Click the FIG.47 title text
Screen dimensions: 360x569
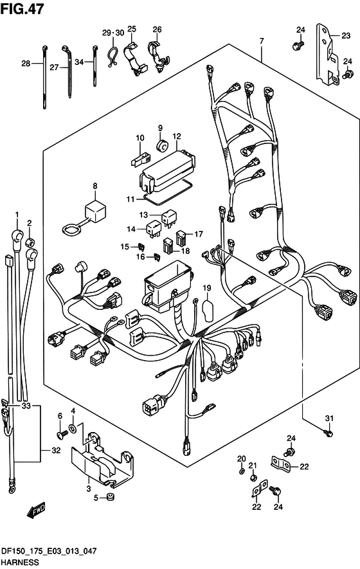coord(22,9)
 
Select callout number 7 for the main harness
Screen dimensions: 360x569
coord(261,41)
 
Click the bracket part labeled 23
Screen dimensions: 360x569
coord(327,55)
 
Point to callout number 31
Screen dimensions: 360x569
coord(328,419)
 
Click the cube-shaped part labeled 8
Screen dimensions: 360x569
coord(95,212)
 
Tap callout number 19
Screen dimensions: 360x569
coord(207,289)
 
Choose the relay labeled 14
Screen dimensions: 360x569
coord(154,229)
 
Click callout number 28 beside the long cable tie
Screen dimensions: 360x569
coord(26,64)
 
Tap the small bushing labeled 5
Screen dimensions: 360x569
coord(109,497)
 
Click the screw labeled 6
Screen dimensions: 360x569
coord(62,433)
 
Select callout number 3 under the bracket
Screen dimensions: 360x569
coord(89,489)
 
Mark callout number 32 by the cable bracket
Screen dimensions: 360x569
coord(56,451)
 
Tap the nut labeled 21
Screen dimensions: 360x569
coord(254,478)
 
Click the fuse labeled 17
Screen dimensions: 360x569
coord(181,238)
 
